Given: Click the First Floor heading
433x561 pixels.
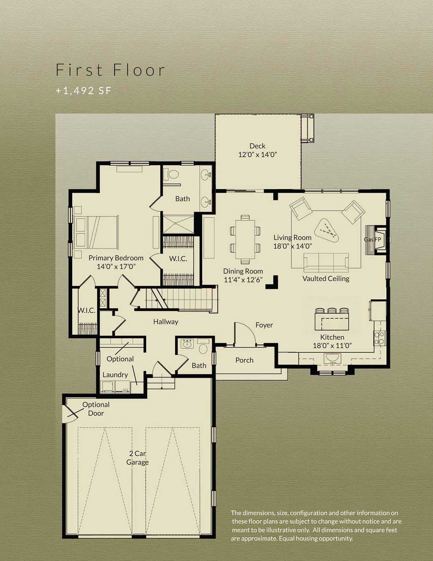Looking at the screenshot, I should click(x=110, y=70).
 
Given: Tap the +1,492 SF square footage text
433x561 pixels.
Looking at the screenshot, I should click(x=83, y=91).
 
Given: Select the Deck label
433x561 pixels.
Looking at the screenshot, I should click(x=257, y=146).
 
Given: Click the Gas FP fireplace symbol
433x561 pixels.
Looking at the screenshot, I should click(x=376, y=240).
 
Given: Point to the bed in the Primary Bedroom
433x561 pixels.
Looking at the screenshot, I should click(x=96, y=232).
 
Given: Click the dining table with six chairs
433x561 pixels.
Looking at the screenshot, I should click(x=245, y=239).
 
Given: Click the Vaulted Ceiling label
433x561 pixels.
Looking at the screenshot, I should click(x=326, y=279).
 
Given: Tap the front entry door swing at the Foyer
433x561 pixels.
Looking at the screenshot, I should click(x=244, y=333).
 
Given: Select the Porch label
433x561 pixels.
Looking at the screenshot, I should click(x=244, y=360).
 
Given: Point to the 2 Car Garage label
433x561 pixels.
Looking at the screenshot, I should click(x=137, y=458).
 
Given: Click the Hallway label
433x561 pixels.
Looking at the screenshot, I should click(x=166, y=322).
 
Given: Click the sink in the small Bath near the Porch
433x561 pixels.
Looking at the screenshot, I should click(x=186, y=344).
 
